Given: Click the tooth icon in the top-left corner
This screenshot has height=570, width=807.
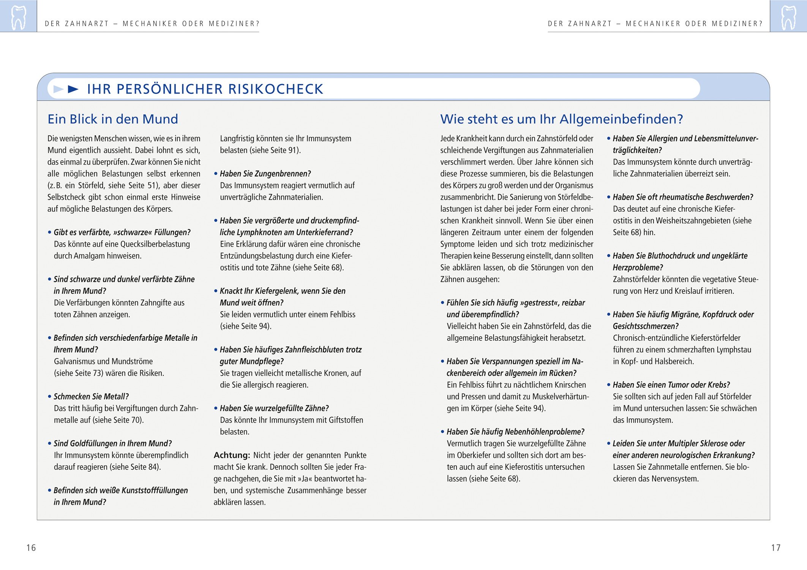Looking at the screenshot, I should pos(18,17).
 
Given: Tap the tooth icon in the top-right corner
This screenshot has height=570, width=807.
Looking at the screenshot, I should pos(788,17).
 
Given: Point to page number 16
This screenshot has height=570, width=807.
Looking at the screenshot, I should pos(31,548).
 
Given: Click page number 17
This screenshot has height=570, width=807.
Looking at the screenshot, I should pos(775,548).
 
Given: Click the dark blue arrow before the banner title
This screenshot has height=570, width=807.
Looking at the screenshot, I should pos(73,89).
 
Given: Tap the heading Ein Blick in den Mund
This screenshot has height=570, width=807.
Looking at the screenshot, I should pos(112,119).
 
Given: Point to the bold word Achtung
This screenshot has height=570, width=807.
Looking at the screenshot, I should pos(231,455).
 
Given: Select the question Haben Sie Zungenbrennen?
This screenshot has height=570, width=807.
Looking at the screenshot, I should pos(265,174).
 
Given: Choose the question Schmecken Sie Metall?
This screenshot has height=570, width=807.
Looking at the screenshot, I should pos(91,397).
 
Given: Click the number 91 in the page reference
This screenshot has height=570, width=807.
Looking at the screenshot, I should pos(293,150).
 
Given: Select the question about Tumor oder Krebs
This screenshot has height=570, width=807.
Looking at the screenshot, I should pos(671,385).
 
